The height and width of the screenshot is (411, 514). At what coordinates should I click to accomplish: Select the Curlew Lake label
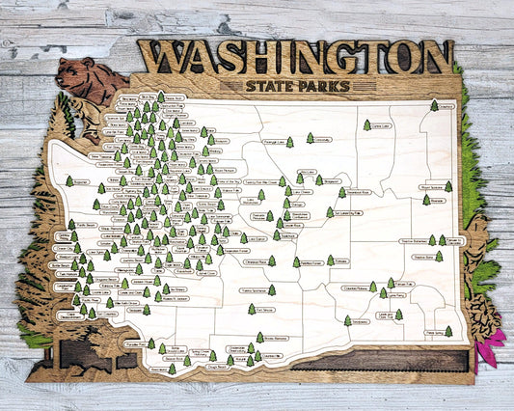[379, 124]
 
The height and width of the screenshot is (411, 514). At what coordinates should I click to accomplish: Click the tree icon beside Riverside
[425, 200]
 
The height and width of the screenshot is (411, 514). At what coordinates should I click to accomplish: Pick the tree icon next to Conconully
[311, 138]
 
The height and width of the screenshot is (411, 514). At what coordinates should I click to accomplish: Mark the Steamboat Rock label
[354, 192]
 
